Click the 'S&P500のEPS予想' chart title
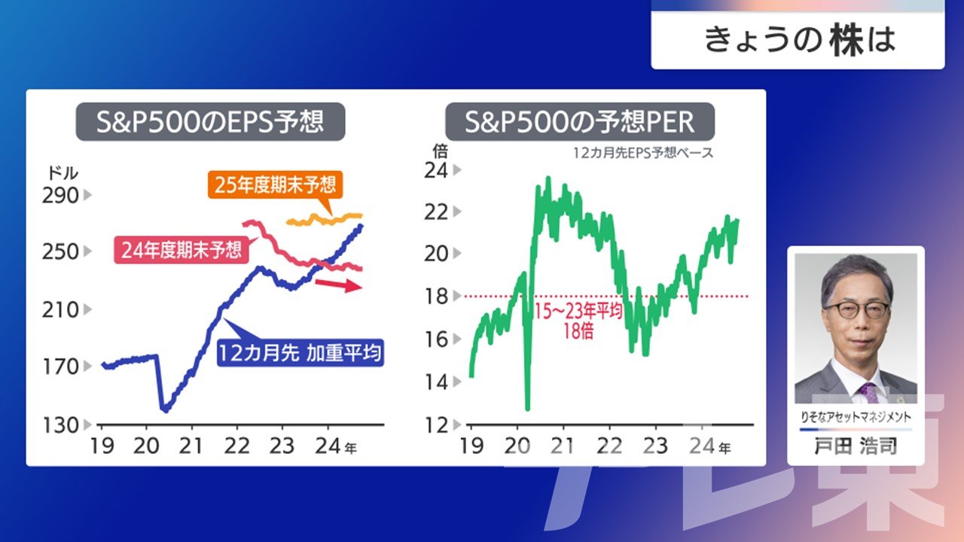[x=210, y=122]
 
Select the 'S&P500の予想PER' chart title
[x=580, y=122]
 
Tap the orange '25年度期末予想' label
[x=275, y=185]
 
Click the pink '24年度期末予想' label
[x=182, y=249]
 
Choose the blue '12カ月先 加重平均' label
[x=300, y=353]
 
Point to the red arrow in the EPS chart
[x=338, y=285]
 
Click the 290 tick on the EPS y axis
[x=60, y=196]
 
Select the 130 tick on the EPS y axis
[x=60, y=425]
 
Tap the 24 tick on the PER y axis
[x=436, y=171]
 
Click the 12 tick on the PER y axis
[x=436, y=425]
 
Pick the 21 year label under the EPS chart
[x=191, y=446]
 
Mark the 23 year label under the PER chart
[x=655, y=446]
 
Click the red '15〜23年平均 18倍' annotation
[x=578, y=321]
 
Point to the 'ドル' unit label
[x=63, y=173]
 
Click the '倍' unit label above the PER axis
[x=440, y=151]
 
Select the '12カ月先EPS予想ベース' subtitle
[x=643, y=153]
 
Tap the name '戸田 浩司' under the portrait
[x=856, y=446]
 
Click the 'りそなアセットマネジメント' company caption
[x=856, y=417]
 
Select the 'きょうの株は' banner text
[x=800, y=40]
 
